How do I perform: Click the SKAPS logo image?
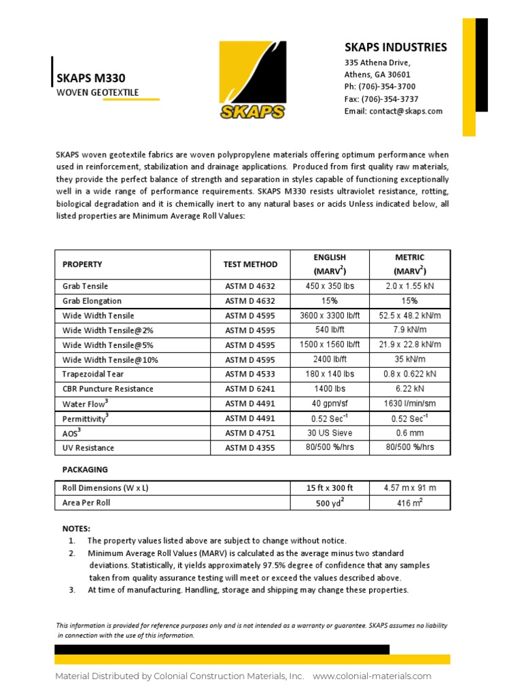pyautogui.click(x=252, y=81)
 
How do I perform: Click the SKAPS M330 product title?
pyautogui.click(x=90, y=78)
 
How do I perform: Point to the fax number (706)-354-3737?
pyautogui.click(x=381, y=99)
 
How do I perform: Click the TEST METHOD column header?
pyautogui.click(x=251, y=264)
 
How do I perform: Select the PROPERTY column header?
pyautogui.click(x=82, y=264)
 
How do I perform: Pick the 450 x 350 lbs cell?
pyautogui.click(x=330, y=286)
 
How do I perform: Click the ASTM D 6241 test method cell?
pyautogui.click(x=251, y=389)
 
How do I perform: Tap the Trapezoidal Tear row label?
pyautogui.click(x=93, y=374)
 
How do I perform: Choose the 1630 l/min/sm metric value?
pyautogui.click(x=409, y=403)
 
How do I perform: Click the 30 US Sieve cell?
pyautogui.click(x=330, y=433)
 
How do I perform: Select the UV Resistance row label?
pyautogui.click(x=88, y=448)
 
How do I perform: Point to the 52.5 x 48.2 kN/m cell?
pyautogui.click(x=409, y=315)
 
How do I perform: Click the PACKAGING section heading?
pyautogui.click(x=85, y=470)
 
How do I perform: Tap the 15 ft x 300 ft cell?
pyautogui.click(x=330, y=488)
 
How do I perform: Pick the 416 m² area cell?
pyautogui.click(x=409, y=503)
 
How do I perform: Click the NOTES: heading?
pyautogui.click(x=76, y=528)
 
